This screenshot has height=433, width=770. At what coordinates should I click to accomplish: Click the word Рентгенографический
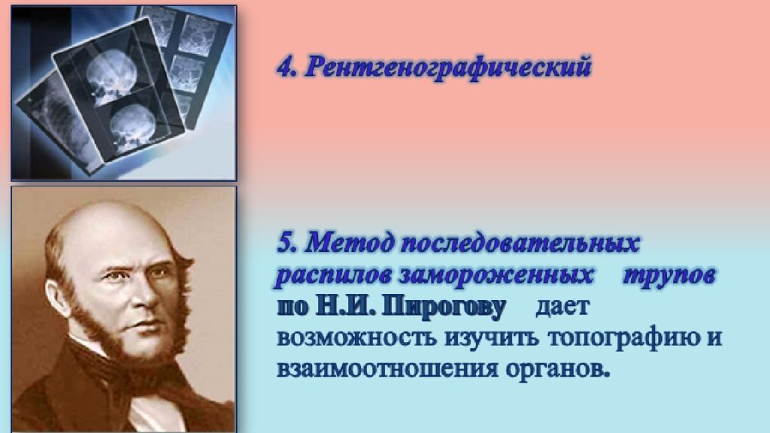(448, 67)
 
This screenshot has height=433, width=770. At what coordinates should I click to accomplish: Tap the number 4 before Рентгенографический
(284, 67)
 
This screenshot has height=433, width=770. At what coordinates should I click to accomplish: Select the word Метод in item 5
(350, 243)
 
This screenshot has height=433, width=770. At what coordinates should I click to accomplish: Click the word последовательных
(520, 243)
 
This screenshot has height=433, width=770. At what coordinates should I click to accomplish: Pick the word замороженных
(496, 276)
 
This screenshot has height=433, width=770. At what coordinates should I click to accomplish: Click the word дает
(562, 307)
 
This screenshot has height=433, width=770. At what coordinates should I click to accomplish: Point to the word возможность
(356, 338)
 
